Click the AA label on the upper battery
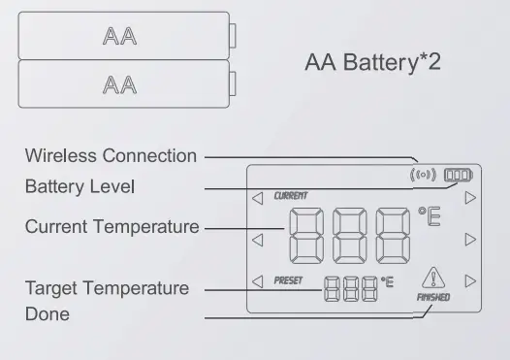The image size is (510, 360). [119, 37]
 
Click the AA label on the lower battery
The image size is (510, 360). [119, 84]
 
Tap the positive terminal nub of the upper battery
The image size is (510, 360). [234, 36]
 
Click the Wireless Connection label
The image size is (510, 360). [111, 155]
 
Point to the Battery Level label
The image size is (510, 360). [80, 185]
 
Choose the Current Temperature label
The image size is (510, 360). [112, 227]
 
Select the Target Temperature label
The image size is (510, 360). [107, 288]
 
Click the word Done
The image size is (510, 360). [47, 314]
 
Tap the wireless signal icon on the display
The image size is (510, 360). [425, 176]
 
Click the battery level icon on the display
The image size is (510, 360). [457, 176]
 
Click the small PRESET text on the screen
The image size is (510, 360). [289, 281]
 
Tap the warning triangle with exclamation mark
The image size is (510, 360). [432, 278]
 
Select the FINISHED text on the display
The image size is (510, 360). [433, 298]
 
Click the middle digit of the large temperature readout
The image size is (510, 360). [347, 236]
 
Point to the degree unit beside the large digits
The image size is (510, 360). [429, 216]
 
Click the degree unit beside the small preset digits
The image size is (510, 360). [388, 282]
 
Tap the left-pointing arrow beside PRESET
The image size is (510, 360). [257, 281]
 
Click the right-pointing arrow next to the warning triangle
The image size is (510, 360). [470, 281]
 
